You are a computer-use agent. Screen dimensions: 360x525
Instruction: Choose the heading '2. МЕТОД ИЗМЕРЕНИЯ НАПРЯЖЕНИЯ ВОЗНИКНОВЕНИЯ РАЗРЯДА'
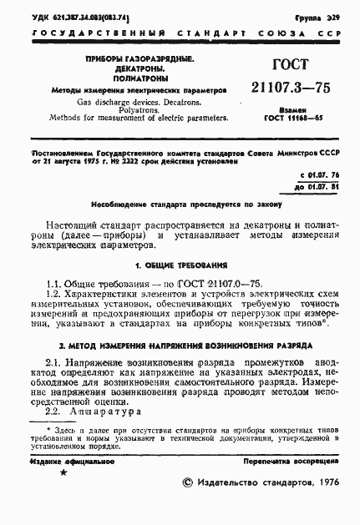pos(185,344)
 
